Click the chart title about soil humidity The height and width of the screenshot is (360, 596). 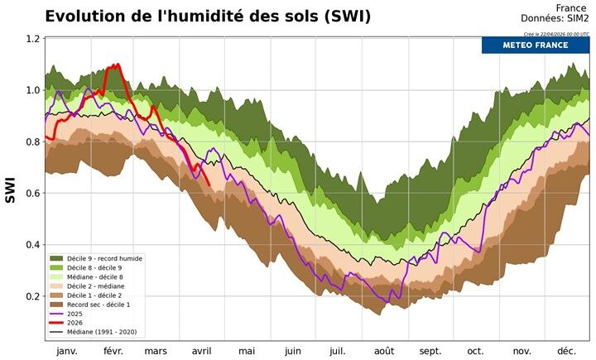tap(208, 16)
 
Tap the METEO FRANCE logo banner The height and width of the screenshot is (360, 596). tap(535, 45)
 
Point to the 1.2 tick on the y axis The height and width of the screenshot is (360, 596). tap(31, 39)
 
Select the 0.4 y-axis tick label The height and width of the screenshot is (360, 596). tap(31, 245)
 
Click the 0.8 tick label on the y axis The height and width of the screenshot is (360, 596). tap(31, 142)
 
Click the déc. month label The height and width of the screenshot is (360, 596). tap(566, 351)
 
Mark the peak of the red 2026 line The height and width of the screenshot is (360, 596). tap(118, 65)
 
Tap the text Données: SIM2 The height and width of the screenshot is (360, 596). tap(555, 18)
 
